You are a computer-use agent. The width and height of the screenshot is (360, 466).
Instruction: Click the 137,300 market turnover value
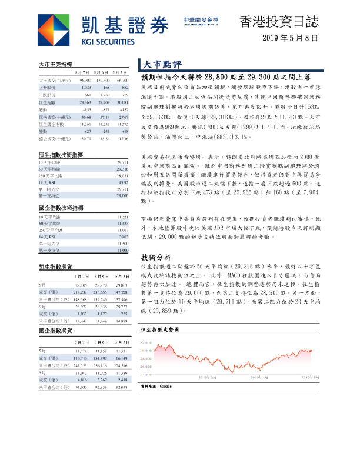point(102,80)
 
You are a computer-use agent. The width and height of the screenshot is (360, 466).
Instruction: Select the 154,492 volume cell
point(102,358)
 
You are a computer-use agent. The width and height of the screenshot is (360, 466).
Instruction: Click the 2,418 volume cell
point(122,380)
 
